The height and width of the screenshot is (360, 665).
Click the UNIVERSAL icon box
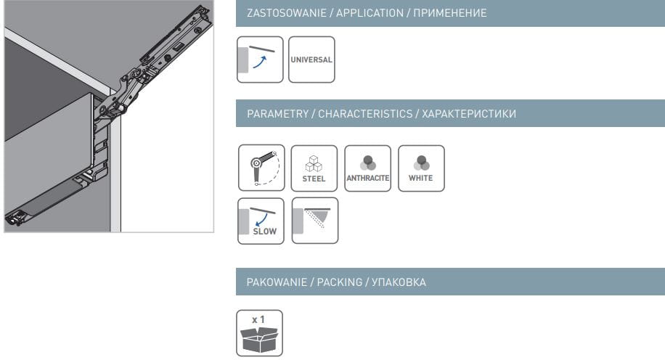[x=311, y=60]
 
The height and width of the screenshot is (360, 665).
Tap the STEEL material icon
[x=314, y=168]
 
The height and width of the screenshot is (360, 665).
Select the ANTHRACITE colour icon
[x=367, y=168]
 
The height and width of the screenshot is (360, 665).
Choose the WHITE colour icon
[x=421, y=168]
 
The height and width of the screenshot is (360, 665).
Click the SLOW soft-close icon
[x=261, y=221]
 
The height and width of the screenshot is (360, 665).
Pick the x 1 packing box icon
[x=260, y=333]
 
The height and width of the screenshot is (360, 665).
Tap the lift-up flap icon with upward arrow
[x=260, y=60]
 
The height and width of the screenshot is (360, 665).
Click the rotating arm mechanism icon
[x=261, y=168]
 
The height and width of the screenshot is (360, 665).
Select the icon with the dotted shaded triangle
[x=315, y=221]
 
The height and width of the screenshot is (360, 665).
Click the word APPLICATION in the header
[x=370, y=13]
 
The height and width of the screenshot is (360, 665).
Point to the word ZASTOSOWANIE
[x=287, y=13]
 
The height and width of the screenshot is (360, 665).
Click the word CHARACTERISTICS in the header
[x=365, y=114]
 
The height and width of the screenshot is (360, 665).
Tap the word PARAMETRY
[x=278, y=114]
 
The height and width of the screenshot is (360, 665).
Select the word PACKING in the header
[x=340, y=282]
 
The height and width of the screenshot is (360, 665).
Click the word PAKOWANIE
[x=277, y=282]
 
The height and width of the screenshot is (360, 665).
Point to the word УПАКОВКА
[x=399, y=282]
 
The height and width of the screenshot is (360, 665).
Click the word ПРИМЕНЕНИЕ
[x=450, y=13]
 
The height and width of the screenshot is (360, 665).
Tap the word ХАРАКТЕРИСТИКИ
[x=469, y=114]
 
